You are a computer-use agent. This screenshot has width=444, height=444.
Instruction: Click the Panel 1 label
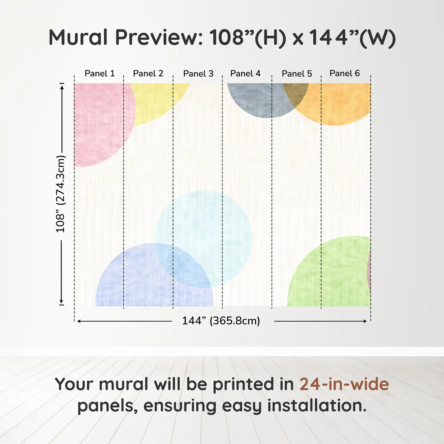99,74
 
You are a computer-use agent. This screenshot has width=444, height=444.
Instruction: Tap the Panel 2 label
148,74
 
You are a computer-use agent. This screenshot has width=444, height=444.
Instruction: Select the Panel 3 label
198,74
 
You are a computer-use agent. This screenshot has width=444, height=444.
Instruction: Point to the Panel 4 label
245,74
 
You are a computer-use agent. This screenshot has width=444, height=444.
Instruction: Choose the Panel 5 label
297,74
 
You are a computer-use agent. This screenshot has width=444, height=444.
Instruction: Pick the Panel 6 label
344,73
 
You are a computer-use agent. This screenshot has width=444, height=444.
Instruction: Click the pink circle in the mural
98,124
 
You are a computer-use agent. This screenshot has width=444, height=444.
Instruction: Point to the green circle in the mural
330,276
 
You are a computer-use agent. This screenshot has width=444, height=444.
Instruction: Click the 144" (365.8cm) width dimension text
221,321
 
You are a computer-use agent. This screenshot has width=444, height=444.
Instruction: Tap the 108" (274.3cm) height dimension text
60,194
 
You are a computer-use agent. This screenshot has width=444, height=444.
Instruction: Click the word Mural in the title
78,37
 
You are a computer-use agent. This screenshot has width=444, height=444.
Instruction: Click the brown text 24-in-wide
344,384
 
